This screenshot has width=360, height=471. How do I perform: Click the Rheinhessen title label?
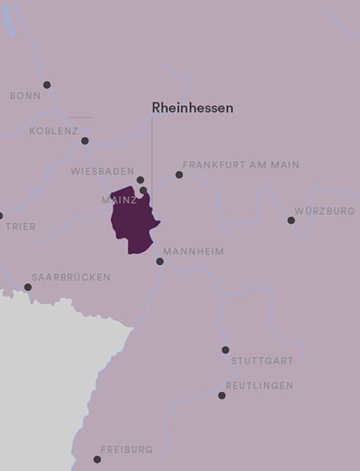pos(192,108)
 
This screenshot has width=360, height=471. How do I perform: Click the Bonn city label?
pos(25,96)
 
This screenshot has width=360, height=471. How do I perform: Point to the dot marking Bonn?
pos(46,85)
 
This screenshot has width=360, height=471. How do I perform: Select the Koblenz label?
pos(54,131)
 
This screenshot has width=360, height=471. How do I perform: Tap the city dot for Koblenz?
pos(85,141)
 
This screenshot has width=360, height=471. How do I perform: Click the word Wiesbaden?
pos(103,172)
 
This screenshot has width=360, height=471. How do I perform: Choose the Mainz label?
pos(119,201)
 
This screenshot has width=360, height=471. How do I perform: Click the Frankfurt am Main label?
pos(241,165)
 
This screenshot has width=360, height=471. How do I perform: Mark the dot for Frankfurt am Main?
pos(179,175)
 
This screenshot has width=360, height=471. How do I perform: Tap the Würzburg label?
pos(324,210)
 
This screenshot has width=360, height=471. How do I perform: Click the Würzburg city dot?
pos(291,220)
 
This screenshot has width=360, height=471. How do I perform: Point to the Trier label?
pos(21,226)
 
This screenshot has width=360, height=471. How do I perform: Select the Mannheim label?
pos(193,251)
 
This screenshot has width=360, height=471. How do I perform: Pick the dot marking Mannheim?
pos(159,261)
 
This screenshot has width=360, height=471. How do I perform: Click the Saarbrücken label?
pos(71,277)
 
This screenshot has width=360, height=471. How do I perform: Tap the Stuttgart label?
pos(262,361)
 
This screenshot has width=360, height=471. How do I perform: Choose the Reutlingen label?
pos(259,386)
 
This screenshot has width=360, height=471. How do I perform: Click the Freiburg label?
pos(126,450)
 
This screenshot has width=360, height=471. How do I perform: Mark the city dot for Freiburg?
pos(97,460)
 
